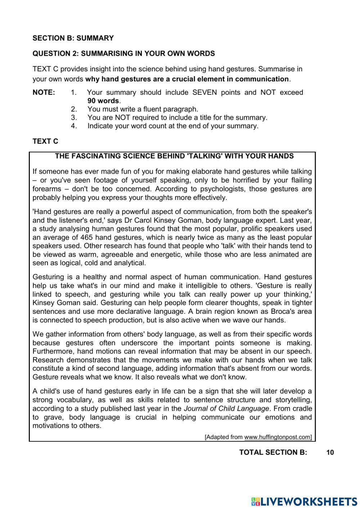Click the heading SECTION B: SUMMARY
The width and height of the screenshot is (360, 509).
point(73,38)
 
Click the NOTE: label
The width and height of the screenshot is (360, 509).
point(44,92)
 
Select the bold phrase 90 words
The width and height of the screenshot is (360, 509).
point(104,101)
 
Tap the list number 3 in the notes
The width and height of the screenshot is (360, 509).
point(73,117)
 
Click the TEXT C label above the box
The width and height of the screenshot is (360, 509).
point(45,141)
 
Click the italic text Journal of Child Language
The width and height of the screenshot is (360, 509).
point(226,408)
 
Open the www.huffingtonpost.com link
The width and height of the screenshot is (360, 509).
point(278,437)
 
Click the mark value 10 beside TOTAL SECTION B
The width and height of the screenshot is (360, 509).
point(330,452)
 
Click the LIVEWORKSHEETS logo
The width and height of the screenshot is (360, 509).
point(305,501)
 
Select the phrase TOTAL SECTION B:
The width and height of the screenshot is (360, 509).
point(273,452)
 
